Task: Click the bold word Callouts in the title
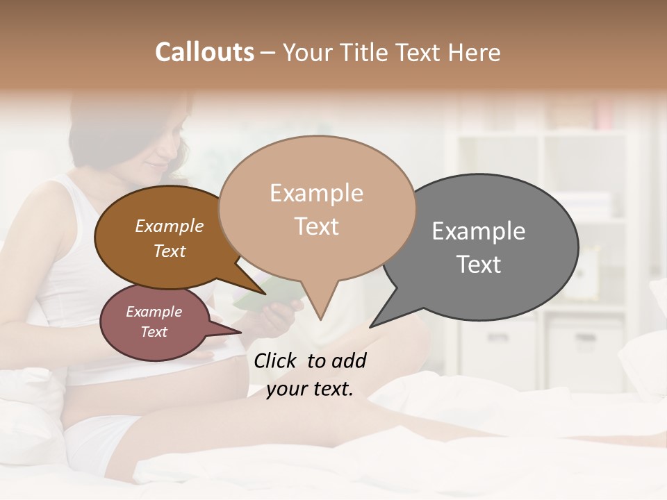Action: (x=204, y=52)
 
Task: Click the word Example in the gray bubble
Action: (x=479, y=231)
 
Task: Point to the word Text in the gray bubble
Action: (x=479, y=265)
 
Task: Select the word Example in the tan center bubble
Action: (x=316, y=193)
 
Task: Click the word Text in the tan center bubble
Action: (x=317, y=226)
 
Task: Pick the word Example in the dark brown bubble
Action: (x=170, y=226)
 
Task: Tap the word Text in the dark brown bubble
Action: (x=170, y=251)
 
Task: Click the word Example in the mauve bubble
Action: (x=154, y=312)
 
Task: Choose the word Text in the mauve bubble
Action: (x=154, y=332)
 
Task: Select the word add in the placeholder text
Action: (x=348, y=360)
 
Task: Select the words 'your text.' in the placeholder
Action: (x=310, y=390)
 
